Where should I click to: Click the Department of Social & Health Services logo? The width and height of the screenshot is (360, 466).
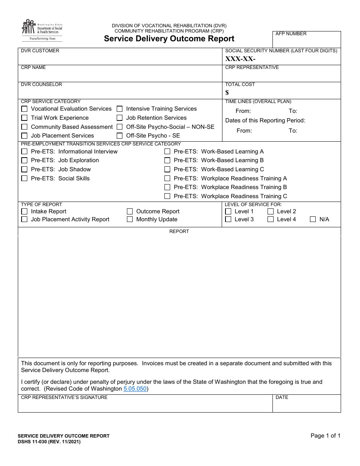click(41, 30)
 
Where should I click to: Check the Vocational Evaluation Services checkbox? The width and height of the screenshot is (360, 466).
click(24, 109)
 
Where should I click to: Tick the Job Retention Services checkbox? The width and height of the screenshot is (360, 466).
click(119, 118)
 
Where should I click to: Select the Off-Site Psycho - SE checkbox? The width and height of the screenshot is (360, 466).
click(119, 136)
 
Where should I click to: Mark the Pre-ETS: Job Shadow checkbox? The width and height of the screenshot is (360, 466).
click(24, 169)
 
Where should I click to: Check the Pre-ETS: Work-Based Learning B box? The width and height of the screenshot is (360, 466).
click(167, 160)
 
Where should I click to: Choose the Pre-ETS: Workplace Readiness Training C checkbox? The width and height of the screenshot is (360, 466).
click(167, 196)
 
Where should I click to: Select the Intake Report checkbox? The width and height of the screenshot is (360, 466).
click(24, 211)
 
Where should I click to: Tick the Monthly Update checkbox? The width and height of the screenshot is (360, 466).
click(130, 219)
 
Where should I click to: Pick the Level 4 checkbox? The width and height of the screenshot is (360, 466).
click(271, 219)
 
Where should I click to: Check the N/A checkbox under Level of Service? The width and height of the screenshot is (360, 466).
click(313, 219)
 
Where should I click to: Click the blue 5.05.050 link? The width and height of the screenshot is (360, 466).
click(135, 389)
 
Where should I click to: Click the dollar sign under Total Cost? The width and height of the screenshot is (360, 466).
click(227, 92)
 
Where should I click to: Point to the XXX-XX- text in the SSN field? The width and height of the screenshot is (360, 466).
click(240, 59)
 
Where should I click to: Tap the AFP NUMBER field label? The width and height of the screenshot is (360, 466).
click(291, 34)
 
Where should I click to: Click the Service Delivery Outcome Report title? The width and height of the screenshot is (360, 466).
click(169, 39)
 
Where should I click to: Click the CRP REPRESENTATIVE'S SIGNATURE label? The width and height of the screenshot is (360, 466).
click(64, 397)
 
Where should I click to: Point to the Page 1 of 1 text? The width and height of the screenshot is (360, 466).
click(325, 436)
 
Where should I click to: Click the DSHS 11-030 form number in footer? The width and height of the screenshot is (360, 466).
click(49, 442)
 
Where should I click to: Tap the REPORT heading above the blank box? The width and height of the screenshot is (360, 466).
click(179, 231)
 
